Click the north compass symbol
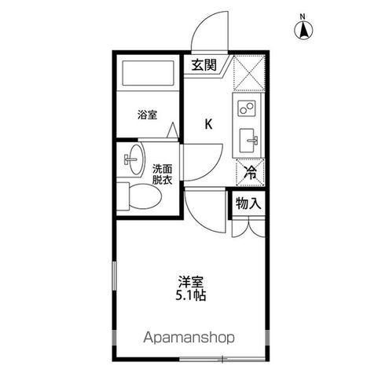click(303, 31)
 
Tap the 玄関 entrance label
click(204, 65)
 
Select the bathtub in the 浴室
click(148, 73)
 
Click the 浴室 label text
click(148, 115)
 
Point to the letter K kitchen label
click(208, 124)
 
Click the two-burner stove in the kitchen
click(247, 108)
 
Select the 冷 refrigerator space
click(250, 173)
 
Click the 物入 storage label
click(248, 203)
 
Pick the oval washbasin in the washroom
click(137, 159)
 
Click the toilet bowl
click(145, 196)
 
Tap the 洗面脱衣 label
click(162, 174)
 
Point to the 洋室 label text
click(191, 282)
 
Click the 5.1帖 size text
click(191, 295)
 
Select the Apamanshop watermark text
click(189, 338)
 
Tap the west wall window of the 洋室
click(114, 276)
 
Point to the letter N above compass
click(303, 17)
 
